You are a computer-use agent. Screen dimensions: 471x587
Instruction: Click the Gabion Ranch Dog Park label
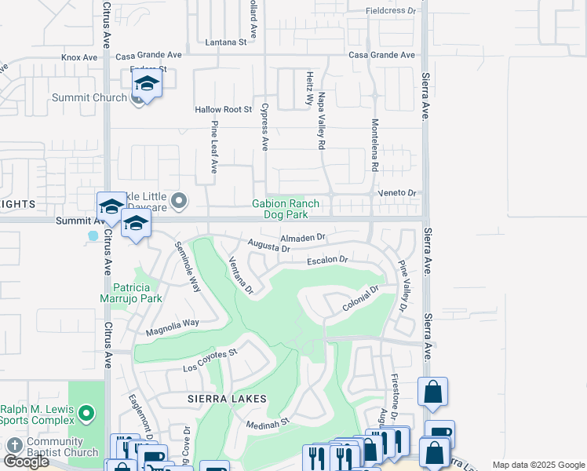click(x=286, y=209)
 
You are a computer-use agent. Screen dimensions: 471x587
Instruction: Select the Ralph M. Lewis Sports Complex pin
click(x=87, y=411)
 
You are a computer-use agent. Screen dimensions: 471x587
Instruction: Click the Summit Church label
click(x=89, y=97)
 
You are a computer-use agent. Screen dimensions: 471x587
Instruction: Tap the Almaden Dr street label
click(x=302, y=237)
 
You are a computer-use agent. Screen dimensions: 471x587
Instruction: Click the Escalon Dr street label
click(x=326, y=260)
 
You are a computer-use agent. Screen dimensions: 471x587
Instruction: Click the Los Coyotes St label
click(x=210, y=360)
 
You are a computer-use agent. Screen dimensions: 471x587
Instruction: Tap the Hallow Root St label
click(x=223, y=110)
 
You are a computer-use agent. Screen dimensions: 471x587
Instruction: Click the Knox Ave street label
click(x=79, y=57)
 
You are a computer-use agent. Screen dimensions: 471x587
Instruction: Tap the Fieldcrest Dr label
click(x=391, y=11)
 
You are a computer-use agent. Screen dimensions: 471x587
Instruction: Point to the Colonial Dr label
click(x=360, y=300)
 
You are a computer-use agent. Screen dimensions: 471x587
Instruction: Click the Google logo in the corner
click(x=26, y=462)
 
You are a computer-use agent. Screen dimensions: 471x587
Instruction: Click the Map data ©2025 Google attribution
click(x=538, y=465)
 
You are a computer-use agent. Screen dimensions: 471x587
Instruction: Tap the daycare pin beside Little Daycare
click(x=179, y=202)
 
